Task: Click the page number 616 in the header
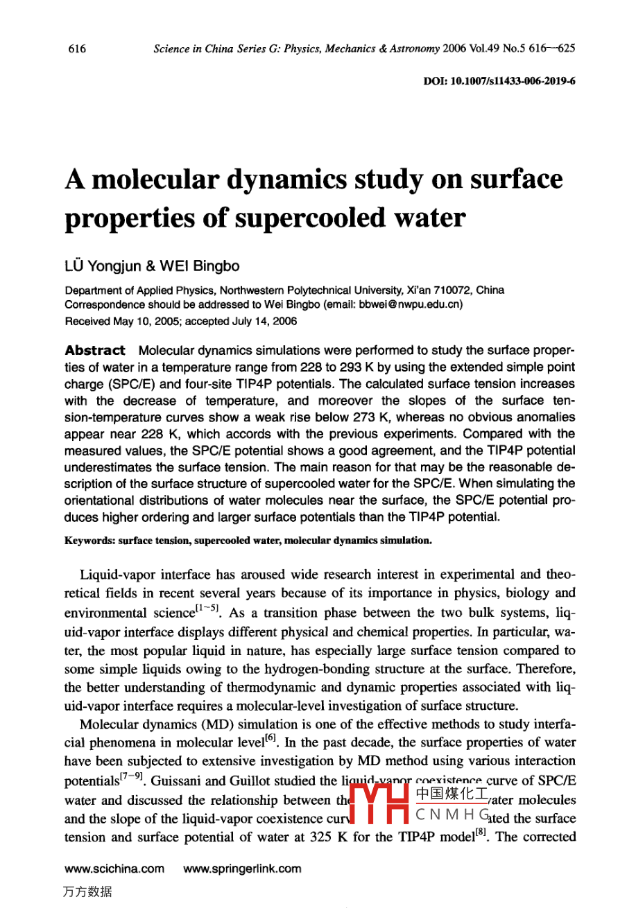(77, 49)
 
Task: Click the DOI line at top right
(499, 81)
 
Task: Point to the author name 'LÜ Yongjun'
(103, 266)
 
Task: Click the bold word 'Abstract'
(95, 350)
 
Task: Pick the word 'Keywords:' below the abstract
(89, 541)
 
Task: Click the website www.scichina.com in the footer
(114, 869)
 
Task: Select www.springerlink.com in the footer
(242, 869)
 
